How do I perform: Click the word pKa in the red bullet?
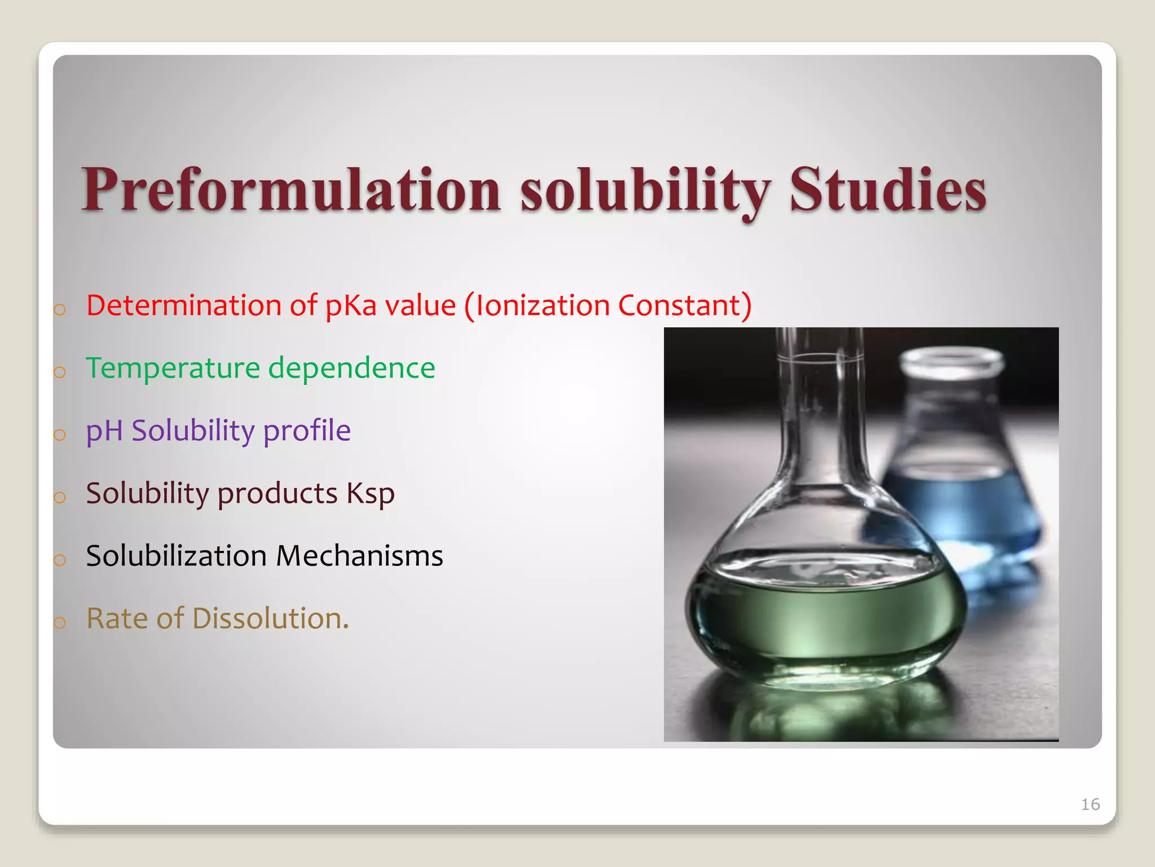(351, 305)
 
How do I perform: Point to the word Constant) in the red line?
(685, 305)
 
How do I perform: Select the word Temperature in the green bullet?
(173, 368)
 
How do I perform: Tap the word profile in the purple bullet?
(307, 431)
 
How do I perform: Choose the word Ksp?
(371, 494)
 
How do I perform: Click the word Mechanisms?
(359, 556)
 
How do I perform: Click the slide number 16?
(1090, 804)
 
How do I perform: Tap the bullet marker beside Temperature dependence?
(60, 373)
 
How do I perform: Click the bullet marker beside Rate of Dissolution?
(60, 623)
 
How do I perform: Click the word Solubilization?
(176, 556)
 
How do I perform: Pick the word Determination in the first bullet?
(184, 305)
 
